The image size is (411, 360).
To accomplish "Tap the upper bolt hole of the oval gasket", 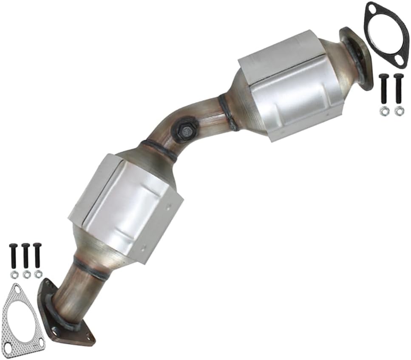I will click(x=373, y=9).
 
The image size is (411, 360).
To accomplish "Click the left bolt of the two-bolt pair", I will click(x=384, y=89).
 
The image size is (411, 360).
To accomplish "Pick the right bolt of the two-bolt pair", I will click(x=398, y=89).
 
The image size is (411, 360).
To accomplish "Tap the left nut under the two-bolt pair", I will click(x=384, y=111).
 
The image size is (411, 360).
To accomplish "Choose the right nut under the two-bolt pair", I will click(x=399, y=111).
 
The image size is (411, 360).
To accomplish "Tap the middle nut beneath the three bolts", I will click(x=26, y=275).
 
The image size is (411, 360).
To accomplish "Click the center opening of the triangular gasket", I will click(x=21, y=315).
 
